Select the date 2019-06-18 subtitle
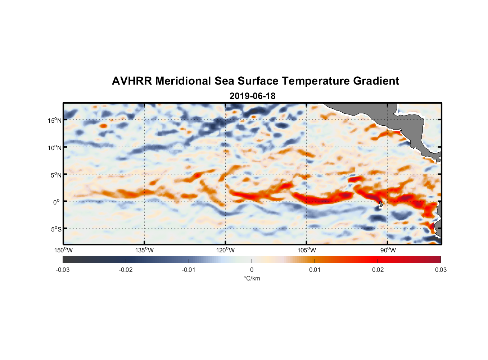(x=252, y=96)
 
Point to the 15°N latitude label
(x=55, y=120)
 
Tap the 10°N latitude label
(x=55, y=148)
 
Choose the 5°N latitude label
(x=56, y=175)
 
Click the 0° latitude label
(x=56, y=202)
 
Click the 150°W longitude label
(x=64, y=250)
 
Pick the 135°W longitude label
(x=145, y=250)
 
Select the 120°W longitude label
(x=226, y=250)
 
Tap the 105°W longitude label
(x=307, y=250)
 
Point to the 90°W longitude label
(x=388, y=250)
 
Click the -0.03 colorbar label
(x=63, y=270)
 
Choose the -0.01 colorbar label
(x=189, y=270)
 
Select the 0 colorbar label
(x=252, y=270)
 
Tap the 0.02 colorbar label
(x=378, y=270)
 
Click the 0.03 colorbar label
(x=440, y=270)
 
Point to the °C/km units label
(x=252, y=278)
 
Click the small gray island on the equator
(x=381, y=204)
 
